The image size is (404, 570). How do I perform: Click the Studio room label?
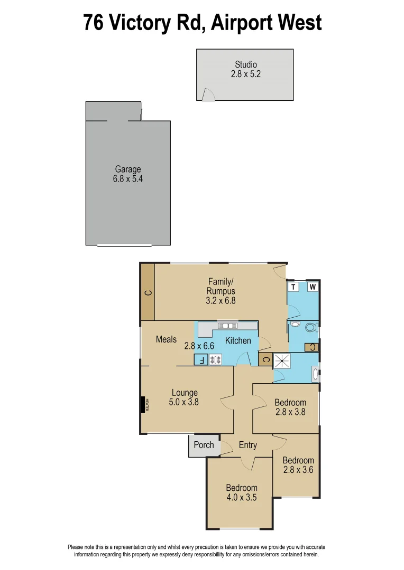(x=245, y=65)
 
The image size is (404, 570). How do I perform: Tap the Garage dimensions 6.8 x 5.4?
(x=128, y=179)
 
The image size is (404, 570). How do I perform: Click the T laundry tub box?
(x=293, y=287)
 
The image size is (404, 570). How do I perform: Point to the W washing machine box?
(x=313, y=287)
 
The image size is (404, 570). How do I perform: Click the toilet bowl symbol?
(x=311, y=327)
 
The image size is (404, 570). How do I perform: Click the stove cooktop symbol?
(x=216, y=360)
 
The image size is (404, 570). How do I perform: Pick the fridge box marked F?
(x=201, y=360)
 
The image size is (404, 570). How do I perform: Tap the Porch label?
(x=204, y=445)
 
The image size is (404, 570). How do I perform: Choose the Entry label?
(x=247, y=445)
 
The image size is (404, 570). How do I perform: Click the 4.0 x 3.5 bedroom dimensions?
(x=242, y=497)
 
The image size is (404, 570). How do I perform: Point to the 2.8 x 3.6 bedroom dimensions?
(x=298, y=470)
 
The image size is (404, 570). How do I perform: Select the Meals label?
(x=166, y=339)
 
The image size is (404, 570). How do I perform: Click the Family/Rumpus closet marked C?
(x=148, y=292)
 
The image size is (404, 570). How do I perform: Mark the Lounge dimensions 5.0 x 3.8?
(x=185, y=402)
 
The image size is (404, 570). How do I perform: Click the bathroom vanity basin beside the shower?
(x=316, y=375)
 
